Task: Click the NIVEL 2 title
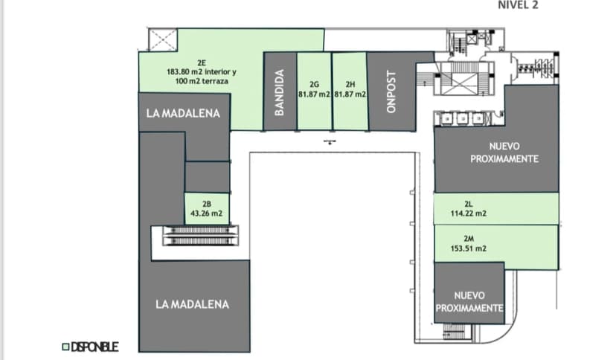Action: [x=517, y=4]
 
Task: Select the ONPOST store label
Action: [x=393, y=91]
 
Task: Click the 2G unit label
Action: [x=313, y=84]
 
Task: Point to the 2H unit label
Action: [x=350, y=84]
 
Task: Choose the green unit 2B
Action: [x=207, y=209]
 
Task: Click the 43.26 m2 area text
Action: [x=207, y=213]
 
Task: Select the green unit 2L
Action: [x=495, y=208]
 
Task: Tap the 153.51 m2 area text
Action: [x=469, y=248]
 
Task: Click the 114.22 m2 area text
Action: [x=469, y=213]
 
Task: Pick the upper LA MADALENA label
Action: [x=183, y=114]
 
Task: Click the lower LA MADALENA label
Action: [x=193, y=304]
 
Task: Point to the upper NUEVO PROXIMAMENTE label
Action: [x=504, y=153]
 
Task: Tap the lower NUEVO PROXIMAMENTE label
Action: [x=469, y=302]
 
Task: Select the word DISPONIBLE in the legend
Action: [x=94, y=346]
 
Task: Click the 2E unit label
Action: [x=202, y=62]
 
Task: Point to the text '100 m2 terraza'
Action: [x=202, y=80]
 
